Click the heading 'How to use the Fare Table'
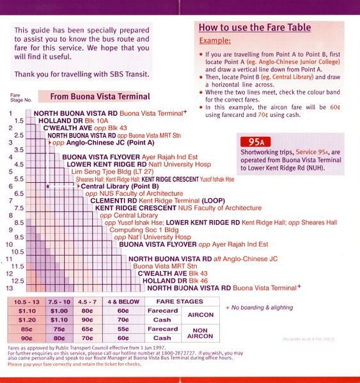[254, 27]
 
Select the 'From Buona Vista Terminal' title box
[94, 97]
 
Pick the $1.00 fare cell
[59, 310]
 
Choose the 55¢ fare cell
[122, 329]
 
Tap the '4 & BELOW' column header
[122, 301]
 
